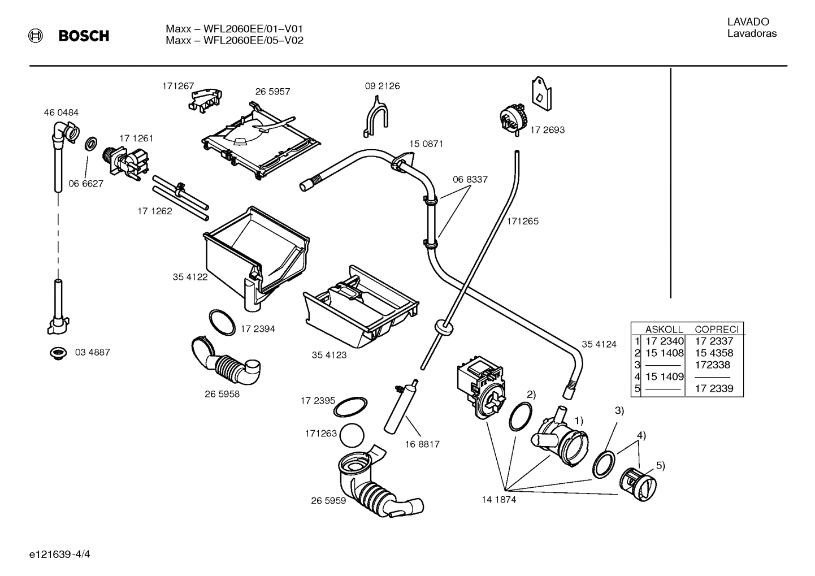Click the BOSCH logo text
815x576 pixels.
(84, 36)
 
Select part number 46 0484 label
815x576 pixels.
(61, 112)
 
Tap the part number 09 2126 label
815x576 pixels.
(382, 86)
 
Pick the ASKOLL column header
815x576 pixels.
(664, 329)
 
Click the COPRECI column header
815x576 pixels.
(716, 329)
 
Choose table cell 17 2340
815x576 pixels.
(664, 341)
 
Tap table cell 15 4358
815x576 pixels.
(714, 353)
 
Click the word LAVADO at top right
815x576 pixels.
(748, 22)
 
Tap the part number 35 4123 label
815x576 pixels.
(329, 355)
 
